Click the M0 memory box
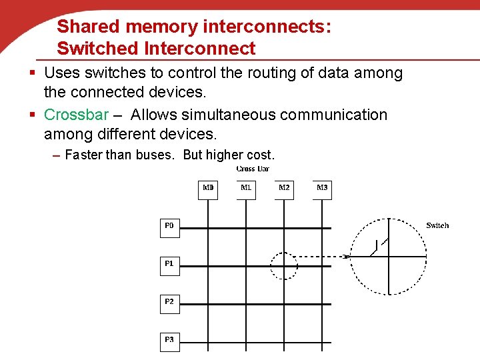pyautogui.click(x=208, y=189)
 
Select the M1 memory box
pyautogui.click(x=246, y=189)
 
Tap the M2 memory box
pyautogui.click(x=284, y=189)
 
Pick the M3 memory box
pyautogui.click(x=322, y=189)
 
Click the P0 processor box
pyautogui.click(x=169, y=227)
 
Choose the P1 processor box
pyautogui.click(x=169, y=265)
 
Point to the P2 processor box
pyautogui.click(x=169, y=303)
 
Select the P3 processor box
pyautogui.click(x=169, y=341)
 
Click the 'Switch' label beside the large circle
pyautogui.click(x=437, y=225)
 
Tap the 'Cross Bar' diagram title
pyautogui.click(x=253, y=169)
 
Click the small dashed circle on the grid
pyautogui.click(x=284, y=266)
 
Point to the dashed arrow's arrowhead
pyautogui.click(x=346, y=256)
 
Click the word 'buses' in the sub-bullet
pyautogui.click(x=159, y=155)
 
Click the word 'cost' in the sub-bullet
pyautogui.click(x=259, y=155)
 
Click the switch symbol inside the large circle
pyautogui.click(x=377, y=248)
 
